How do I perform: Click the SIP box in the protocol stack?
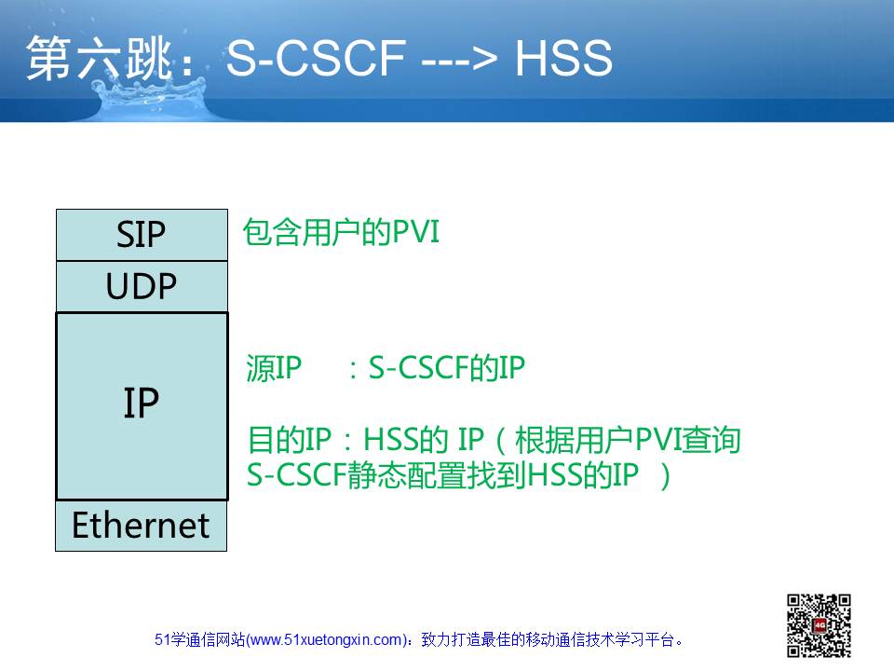pos(142,235)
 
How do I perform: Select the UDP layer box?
pos(142,286)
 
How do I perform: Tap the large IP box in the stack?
pos(142,405)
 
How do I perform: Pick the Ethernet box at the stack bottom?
pos(142,526)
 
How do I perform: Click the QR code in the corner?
pos(819,625)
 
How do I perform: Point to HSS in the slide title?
pos(563,58)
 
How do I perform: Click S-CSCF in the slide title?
pos(316,58)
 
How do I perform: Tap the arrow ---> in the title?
pos(459,58)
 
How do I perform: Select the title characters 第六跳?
pos(100,57)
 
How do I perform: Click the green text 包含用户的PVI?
pos(341,232)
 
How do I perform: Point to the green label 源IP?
pos(274,368)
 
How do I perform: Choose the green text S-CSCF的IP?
pos(446,368)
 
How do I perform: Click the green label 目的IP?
pos(290,440)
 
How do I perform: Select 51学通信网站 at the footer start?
pos(200,640)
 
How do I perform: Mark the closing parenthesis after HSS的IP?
pos(665,476)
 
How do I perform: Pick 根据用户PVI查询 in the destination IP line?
pos(628,440)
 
